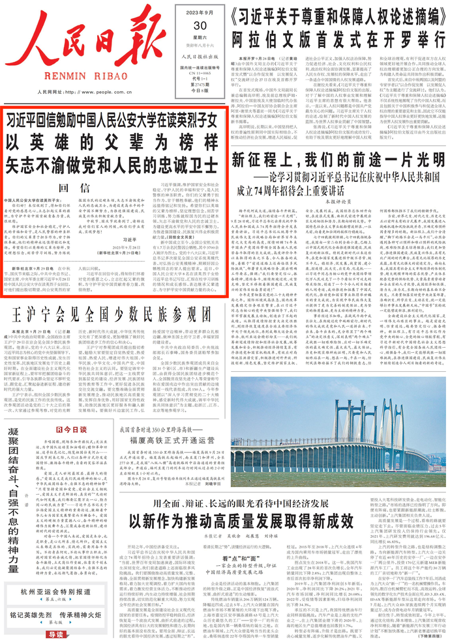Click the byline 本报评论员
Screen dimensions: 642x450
337,202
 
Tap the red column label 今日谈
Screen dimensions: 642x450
74,430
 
